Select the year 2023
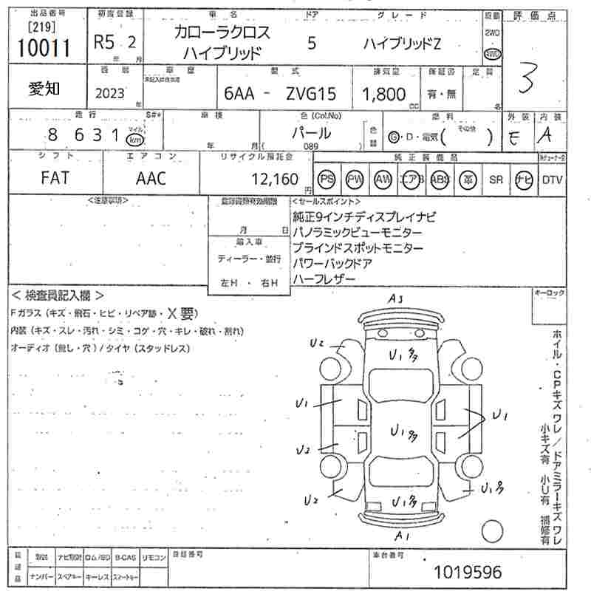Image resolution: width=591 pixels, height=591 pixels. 110,94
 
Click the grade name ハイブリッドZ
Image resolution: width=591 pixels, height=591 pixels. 401,43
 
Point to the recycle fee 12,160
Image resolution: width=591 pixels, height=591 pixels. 275,179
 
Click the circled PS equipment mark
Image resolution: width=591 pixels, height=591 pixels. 326,180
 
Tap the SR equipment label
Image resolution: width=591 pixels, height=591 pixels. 495,180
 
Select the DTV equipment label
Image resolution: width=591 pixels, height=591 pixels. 553,180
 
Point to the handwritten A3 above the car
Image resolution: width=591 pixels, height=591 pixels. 397,298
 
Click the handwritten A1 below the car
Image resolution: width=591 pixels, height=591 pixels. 403,534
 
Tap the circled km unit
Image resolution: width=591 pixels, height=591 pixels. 135,139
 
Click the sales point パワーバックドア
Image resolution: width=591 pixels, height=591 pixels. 332,263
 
